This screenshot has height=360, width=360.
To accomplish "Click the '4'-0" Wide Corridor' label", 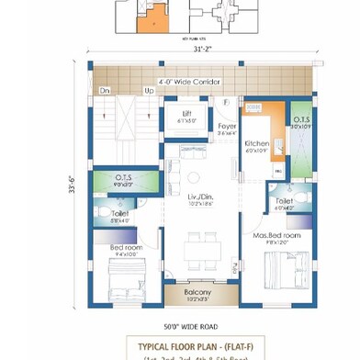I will coord(189,82).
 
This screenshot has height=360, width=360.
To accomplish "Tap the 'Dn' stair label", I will coord(105,91).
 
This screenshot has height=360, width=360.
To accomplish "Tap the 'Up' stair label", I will coord(149,91).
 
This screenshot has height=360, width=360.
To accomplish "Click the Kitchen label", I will coord(256,144).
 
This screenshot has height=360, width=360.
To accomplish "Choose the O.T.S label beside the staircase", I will coord(124,178).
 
